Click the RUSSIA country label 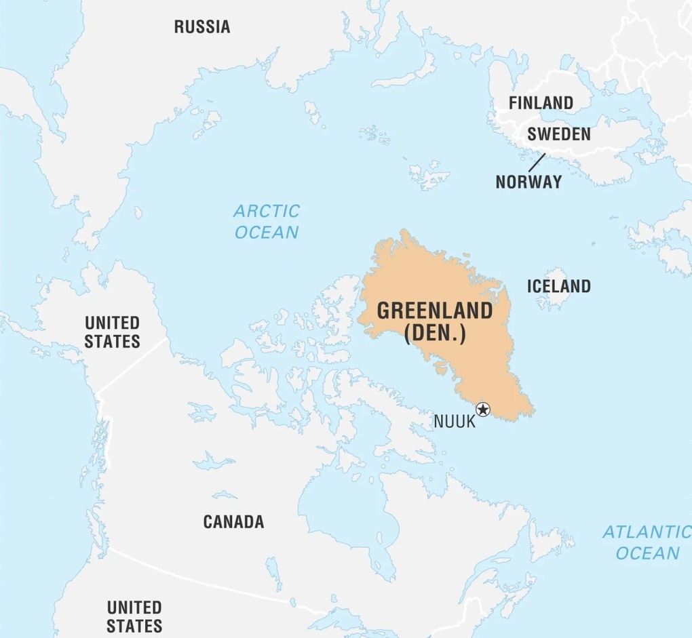(202, 27)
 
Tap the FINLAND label (541, 103)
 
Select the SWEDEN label (558, 134)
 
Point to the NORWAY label (528, 182)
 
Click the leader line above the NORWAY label (537, 162)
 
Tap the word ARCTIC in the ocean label (266, 211)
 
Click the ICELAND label (558, 286)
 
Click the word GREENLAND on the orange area (434, 311)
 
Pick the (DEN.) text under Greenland (434, 334)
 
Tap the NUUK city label (454, 421)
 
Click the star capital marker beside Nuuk (482, 409)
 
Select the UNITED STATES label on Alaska (112, 332)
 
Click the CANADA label (233, 521)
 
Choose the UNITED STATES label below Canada (134, 615)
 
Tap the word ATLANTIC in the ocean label (646, 532)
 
